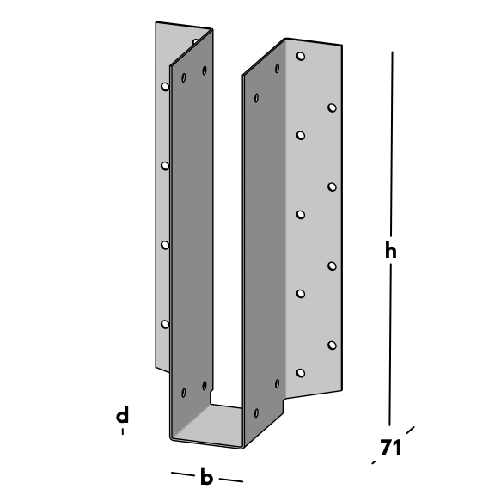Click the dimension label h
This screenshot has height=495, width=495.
click(391, 251)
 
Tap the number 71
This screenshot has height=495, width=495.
click(391, 447)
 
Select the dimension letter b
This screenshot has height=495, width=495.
click(206, 477)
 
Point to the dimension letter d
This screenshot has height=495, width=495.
click(123, 414)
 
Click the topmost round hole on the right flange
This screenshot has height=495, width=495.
click(301, 57)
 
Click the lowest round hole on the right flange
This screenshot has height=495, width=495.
click(301, 373)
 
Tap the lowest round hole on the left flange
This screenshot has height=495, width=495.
click(165, 324)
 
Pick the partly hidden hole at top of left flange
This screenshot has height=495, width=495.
click(196, 41)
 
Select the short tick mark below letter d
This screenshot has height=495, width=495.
click(123, 431)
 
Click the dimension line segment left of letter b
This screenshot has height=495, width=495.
click(183, 474)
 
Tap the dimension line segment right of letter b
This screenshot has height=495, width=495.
click(231, 480)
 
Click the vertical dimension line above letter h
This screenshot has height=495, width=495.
click(392, 144)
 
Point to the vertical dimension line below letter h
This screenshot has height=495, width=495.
click(390, 345)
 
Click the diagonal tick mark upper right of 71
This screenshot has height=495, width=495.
click(411, 431)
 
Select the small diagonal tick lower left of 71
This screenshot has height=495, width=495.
click(374, 462)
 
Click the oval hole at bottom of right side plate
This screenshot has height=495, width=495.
click(256, 412)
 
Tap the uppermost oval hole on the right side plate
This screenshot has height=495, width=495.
click(278, 69)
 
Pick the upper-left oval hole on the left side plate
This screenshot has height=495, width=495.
click(183, 77)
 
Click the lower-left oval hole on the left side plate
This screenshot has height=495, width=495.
click(183, 393)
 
